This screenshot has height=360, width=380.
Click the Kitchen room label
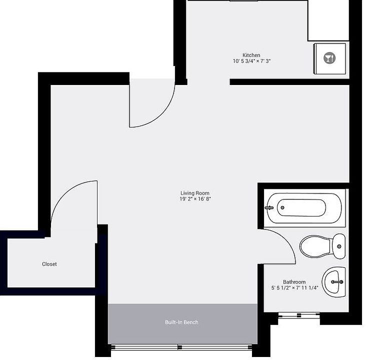click(251, 55)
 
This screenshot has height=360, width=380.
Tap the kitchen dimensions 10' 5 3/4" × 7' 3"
click(251, 61)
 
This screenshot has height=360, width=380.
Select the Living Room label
click(194, 193)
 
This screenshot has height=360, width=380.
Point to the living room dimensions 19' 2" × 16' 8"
click(194, 199)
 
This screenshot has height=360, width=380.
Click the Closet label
click(49, 264)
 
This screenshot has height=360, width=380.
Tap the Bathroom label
click(294, 282)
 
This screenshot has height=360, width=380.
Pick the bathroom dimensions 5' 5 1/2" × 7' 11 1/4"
click(294, 288)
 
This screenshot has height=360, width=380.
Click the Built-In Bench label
click(181, 322)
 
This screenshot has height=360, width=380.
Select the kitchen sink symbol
click(329, 58)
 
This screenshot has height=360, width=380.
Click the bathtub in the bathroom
click(305, 207)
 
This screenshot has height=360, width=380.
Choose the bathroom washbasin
click(333, 281)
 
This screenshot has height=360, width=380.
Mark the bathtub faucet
click(269, 207)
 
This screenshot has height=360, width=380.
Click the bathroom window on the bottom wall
click(298, 315)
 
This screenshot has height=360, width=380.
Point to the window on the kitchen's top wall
click(243, 1)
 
